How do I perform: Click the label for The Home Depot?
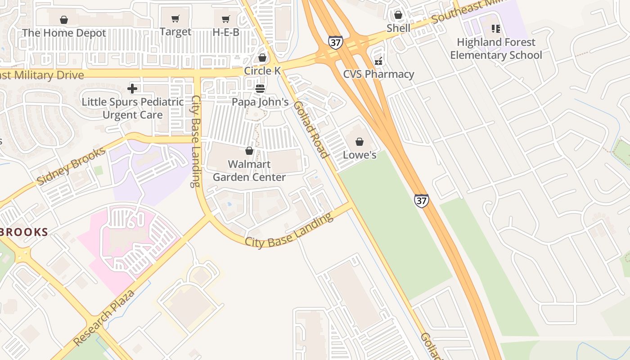click(x=64, y=33)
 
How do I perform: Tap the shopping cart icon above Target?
click(x=175, y=19)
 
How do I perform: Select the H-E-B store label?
click(x=226, y=32)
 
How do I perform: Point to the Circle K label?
click(x=262, y=71)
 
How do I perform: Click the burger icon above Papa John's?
click(x=260, y=89)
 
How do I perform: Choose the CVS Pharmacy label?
click(x=378, y=74)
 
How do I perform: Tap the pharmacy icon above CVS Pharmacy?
click(x=378, y=61)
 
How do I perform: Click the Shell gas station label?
click(x=398, y=28)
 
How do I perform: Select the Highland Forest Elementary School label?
click(x=496, y=49)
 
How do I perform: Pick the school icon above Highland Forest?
click(x=496, y=29)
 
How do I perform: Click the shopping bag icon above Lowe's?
click(x=360, y=142)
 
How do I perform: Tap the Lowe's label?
click(x=360, y=155)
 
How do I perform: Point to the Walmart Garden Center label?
click(x=249, y=171)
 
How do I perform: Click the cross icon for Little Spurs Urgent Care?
click(x=132, y=89)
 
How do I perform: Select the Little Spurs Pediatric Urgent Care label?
click(x=132, y=108)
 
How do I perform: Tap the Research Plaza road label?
click(x=104, y=318)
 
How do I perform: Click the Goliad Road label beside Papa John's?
click(x=310, y=130)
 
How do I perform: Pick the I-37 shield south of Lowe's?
click(x=421, y=201)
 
